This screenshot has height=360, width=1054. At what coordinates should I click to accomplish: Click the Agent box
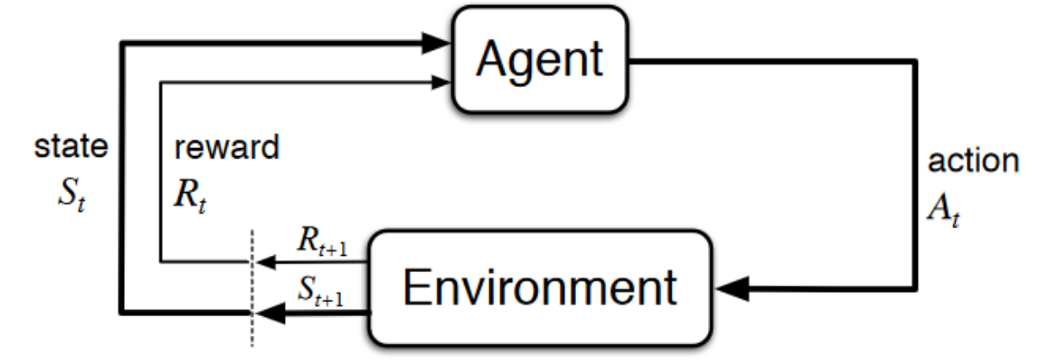point(540,59)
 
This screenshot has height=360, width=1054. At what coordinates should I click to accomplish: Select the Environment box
point(540,288)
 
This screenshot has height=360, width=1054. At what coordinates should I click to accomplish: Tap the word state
point(71,146)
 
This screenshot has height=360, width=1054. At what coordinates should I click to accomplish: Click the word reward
point(226,147)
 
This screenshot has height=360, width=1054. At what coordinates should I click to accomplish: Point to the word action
point(973,160)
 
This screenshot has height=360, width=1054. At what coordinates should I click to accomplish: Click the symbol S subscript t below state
point(71,196)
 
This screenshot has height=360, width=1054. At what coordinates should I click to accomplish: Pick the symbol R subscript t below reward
point(190,196)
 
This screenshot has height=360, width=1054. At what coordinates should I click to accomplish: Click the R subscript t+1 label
point(322,241)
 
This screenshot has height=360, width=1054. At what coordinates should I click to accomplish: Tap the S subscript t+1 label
point(321,291)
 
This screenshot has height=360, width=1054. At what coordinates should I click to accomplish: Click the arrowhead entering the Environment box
point(732,289)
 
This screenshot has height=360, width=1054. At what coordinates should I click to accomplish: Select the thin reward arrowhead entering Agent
point(441,83)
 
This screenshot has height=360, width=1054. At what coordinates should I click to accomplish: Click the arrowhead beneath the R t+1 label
point(266,262)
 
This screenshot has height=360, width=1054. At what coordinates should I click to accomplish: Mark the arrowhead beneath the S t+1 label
point(270,313)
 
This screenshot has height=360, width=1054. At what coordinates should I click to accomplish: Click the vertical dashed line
point(252,288)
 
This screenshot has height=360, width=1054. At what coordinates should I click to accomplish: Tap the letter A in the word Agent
point(493,58)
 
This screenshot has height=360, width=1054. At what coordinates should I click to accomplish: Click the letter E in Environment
point(417,287)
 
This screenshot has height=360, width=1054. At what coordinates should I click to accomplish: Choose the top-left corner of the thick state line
point(122,44)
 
